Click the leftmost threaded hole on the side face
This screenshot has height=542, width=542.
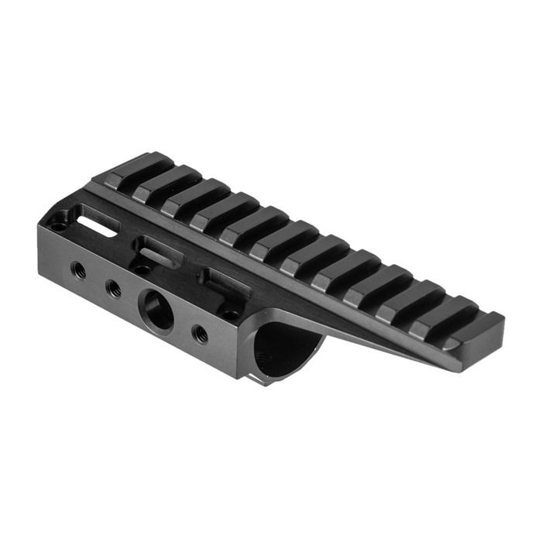78,269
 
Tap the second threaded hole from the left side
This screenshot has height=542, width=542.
114,288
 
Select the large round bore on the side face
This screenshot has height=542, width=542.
156,309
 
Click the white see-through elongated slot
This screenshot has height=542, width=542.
98,225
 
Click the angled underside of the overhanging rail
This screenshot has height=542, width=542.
372,341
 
